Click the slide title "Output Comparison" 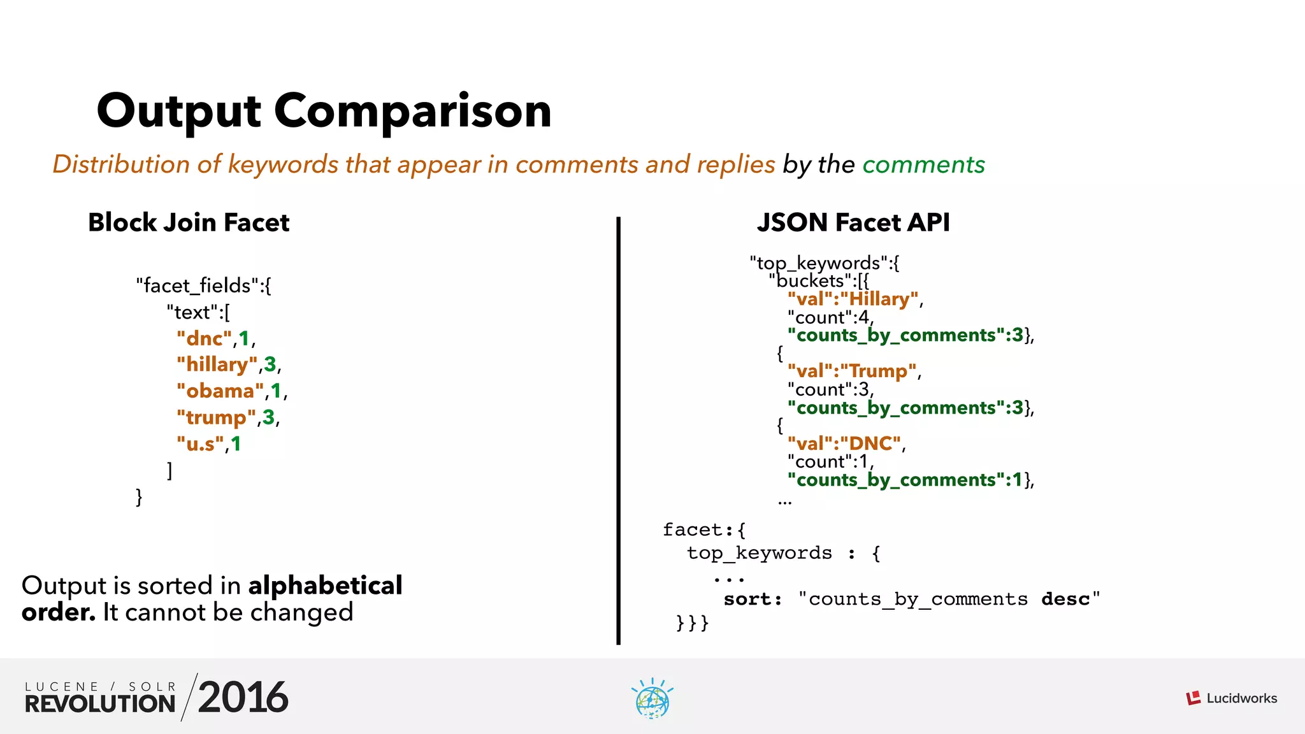(x=324, y=111)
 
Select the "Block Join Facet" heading (x=189, y=222)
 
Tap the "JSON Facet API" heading (x=853, y=222)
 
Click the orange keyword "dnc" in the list (x=204, y=338)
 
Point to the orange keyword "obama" (x=220, y=391)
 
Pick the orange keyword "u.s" (x=201, y=443)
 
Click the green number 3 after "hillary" (x=270, y=364)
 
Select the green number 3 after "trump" (x=269, y=417)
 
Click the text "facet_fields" (x=198, y=285)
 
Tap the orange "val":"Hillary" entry (x=853, y=299)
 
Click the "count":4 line (x=829, y=317)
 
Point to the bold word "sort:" (x=753, y=600)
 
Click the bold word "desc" (x=1065, y=600)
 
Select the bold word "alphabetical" (x=325, y=586)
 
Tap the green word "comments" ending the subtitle (x=923, y=164)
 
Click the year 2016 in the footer (x=243, y=698)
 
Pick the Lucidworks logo (x=1232, y=698)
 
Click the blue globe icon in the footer (x=652, y=700)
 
